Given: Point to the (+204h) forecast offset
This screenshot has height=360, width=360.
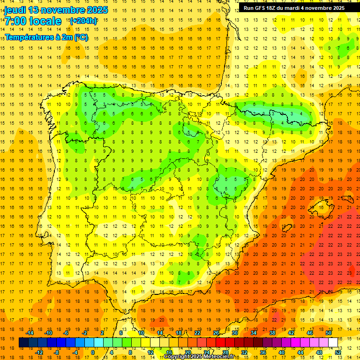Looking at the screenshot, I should tap(83, 21).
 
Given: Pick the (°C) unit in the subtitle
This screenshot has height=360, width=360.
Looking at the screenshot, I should tap(81, 37).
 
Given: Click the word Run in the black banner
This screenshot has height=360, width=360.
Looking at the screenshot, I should tap(249, 8).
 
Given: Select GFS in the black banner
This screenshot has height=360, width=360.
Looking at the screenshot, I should tap(262, 8).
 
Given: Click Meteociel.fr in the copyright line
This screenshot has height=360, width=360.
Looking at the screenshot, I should tap(217, 357).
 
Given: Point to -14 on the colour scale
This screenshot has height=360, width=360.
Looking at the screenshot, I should tap(30, 333).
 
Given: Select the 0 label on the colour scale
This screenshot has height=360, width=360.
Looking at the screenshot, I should tap(93, 352).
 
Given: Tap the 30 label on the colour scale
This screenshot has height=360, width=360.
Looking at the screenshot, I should tap(234, 333).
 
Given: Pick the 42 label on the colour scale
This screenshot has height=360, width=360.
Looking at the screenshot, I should tap(291, 333).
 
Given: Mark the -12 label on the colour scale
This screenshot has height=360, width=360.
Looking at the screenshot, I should tap(39, 352).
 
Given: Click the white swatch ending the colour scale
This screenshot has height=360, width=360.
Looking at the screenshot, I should tap(333, 343).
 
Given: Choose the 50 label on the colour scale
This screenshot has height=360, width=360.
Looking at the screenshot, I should tap(328, 333).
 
